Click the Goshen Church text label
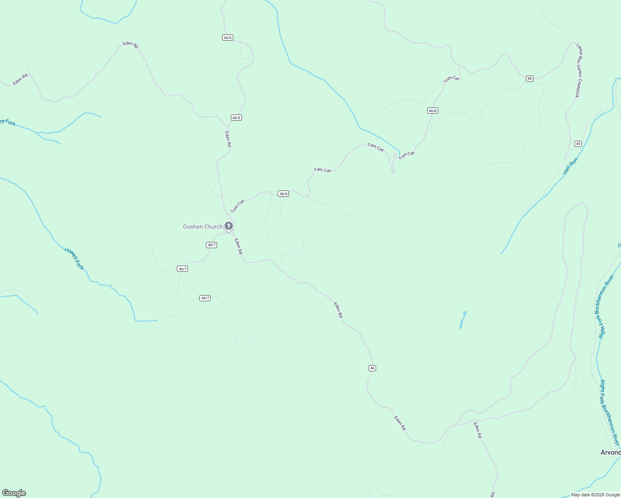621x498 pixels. (x=203, y=227)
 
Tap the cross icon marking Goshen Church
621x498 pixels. (x=228, y=226)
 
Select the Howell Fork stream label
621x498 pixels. (x=74, y=259)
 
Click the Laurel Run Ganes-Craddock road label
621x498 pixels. (x=579, y=71)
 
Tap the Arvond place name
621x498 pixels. (x=611, y=452)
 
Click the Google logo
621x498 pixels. (x=14, y=493)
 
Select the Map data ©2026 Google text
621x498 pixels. (x=595, y=495)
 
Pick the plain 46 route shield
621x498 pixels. (x=372, y=368)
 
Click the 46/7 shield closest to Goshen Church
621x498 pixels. (x=212, y=245)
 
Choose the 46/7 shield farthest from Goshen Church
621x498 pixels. (x=205, y=298)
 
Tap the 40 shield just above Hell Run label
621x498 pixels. (x=578, y=144)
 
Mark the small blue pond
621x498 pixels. (x=462, y=320)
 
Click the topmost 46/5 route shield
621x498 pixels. (x=227, y=38)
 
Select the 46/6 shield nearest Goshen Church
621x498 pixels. (x=283, y=193)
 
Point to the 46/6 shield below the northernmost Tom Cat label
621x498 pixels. (x=433, y=111)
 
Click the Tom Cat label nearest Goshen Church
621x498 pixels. (x=237, y=206)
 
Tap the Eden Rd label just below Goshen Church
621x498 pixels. (x=238, y=246)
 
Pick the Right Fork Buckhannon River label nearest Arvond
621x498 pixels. (x=610, y=412)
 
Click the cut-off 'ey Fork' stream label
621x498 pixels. (x=7, y=122)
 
